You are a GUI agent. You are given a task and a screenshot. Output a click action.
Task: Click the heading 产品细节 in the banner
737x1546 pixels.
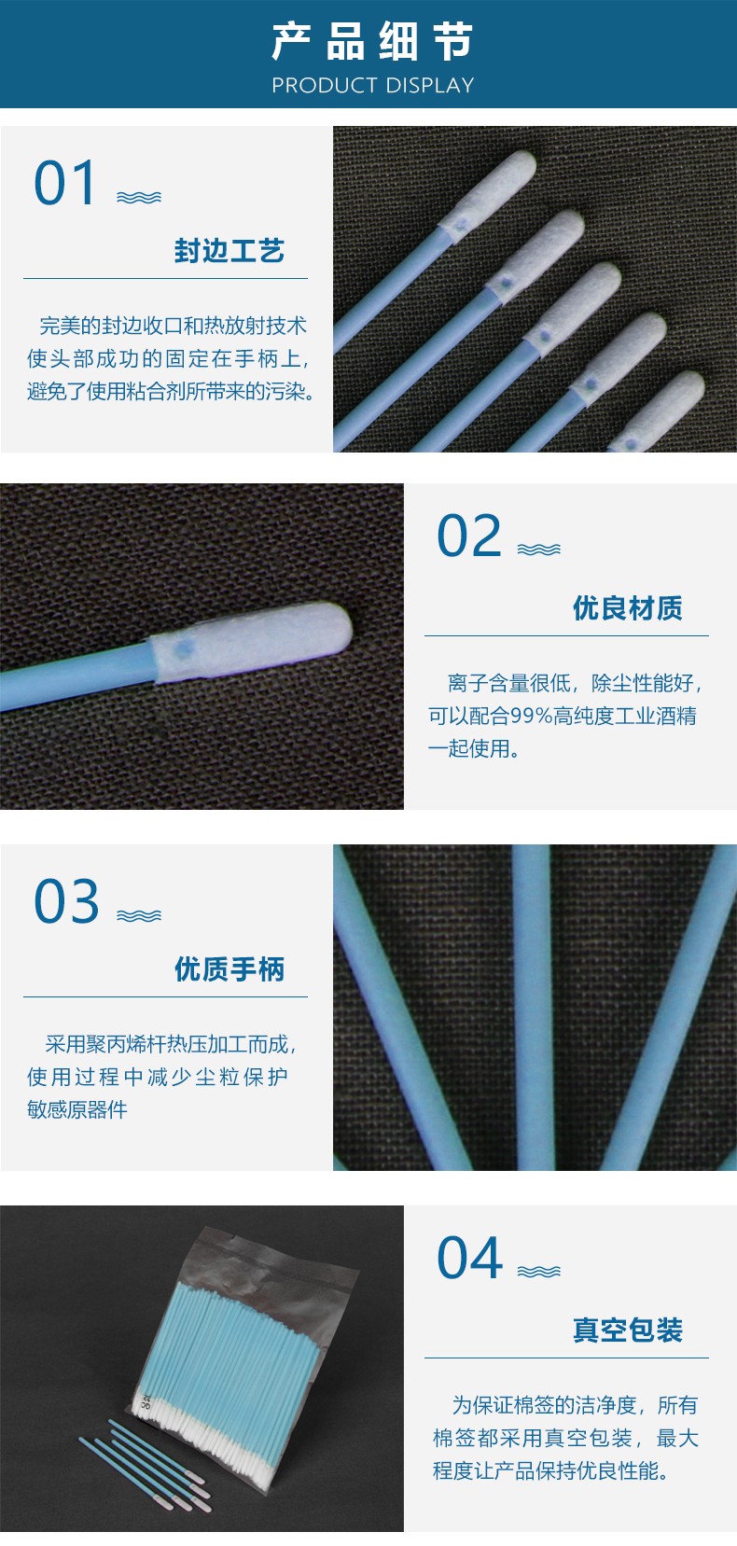(x=372, y=41)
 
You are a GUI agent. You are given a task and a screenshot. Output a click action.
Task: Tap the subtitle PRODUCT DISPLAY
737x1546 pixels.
(x=372, y=85)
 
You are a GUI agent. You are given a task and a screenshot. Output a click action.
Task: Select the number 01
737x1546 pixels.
(x=65, y=183)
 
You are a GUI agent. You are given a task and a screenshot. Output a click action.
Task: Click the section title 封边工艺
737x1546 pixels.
(x=229, y=251)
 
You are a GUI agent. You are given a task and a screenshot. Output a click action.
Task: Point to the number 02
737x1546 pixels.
(x=469, y=536)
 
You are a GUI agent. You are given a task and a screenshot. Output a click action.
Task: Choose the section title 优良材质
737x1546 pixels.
(x=627, y=608)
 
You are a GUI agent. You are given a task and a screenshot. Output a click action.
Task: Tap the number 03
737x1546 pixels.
(x=66, y=901)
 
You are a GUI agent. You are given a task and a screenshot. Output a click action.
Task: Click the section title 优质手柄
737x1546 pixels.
(x=229, y=969)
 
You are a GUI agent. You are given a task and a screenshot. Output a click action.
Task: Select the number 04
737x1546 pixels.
(x=470, y=1259)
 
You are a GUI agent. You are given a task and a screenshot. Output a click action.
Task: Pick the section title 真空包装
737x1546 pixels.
(x=627, y=1330)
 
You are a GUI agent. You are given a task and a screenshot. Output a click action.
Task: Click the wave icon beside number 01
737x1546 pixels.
(x=139, y=198)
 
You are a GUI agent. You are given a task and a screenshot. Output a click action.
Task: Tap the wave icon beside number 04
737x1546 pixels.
(x=539, y=1272)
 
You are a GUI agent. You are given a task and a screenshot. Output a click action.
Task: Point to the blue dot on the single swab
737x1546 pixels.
(x=184, y=648)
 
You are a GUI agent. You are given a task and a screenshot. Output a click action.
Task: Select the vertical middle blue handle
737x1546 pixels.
(x=534, y=1008)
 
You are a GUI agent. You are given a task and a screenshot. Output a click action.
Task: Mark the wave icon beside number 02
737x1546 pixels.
(x=539, y=550)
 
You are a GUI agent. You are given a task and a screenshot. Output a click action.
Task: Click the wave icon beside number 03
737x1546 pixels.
(x=139, y=916)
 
